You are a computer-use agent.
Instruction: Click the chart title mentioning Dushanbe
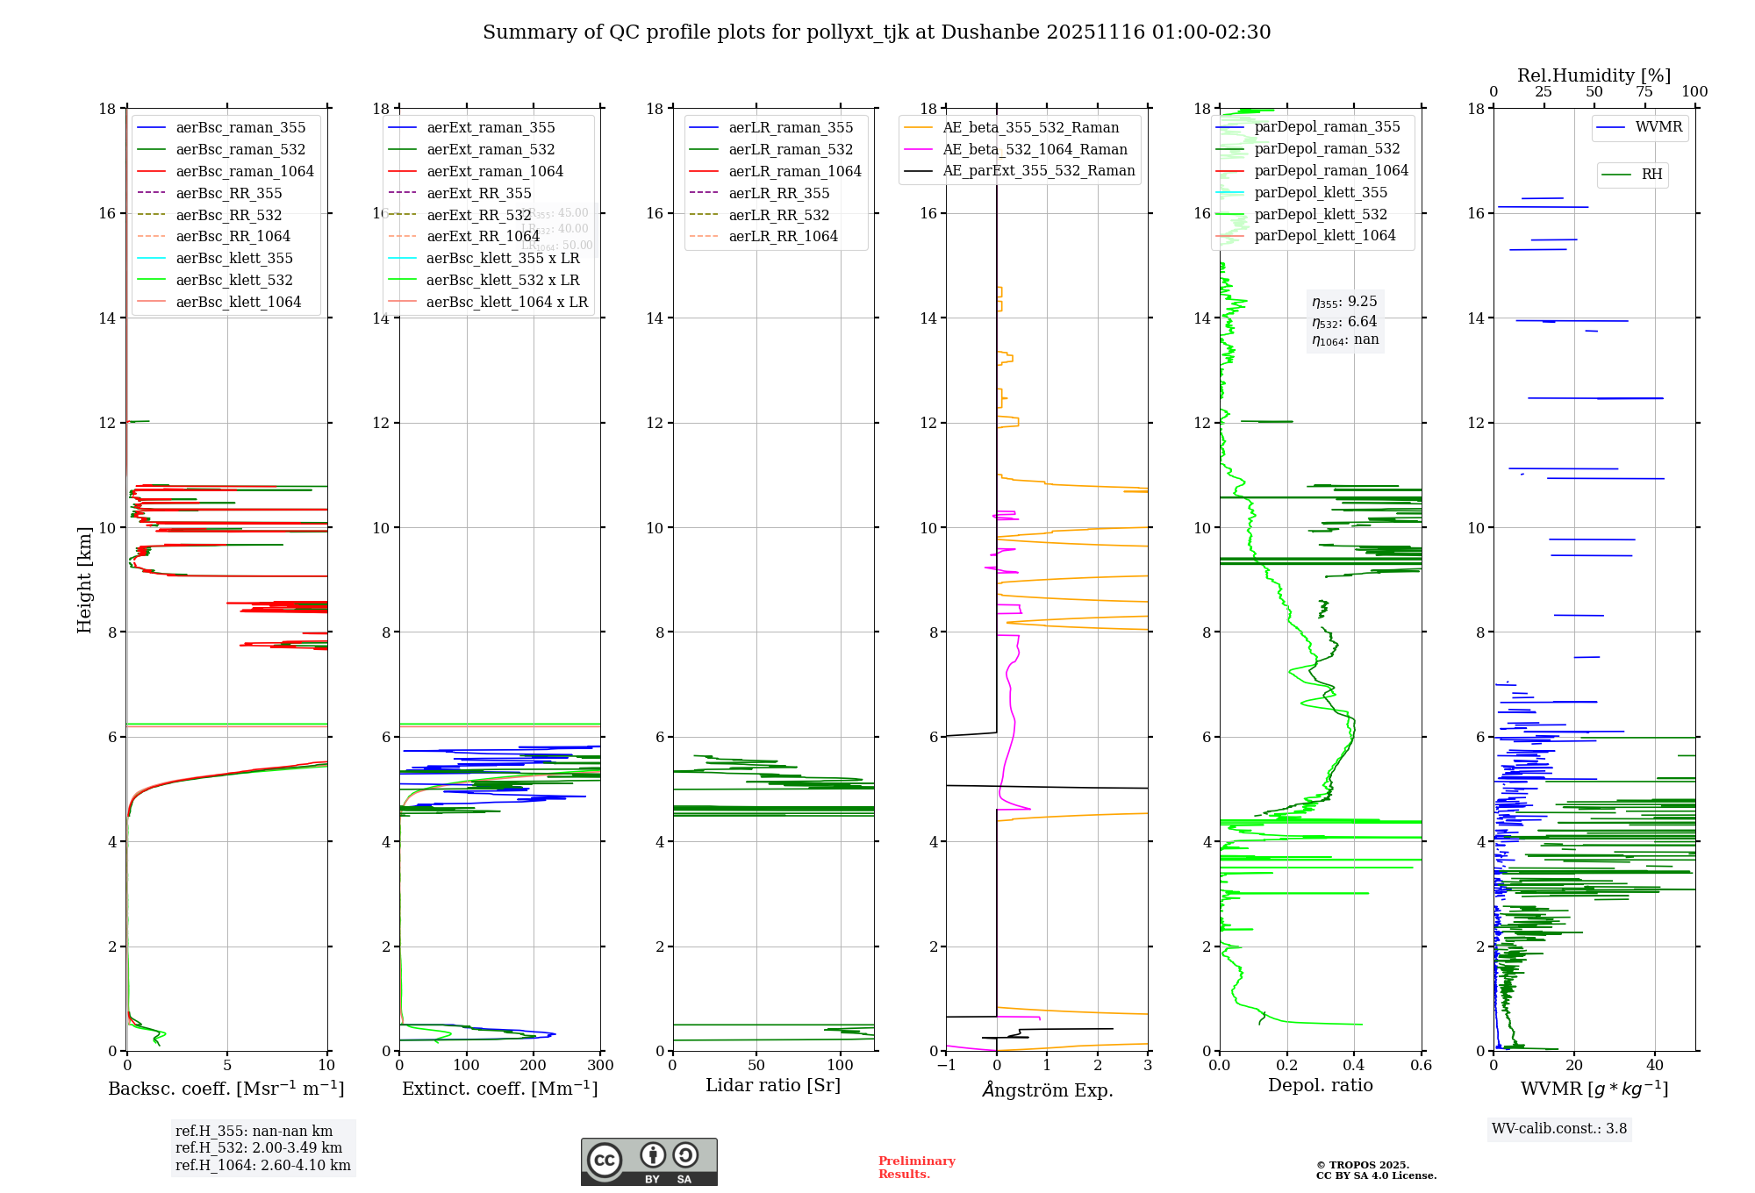tap(877, 32)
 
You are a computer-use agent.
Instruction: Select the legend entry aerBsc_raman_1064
tap(245, 171)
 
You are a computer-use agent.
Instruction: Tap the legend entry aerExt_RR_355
tap(479, 193)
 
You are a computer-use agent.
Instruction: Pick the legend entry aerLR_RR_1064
tap(783, 236)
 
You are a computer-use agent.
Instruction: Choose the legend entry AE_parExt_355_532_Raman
tap(1038, 170)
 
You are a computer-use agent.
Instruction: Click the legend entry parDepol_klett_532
tap(1321, 214)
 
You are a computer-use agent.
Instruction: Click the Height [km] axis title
tap(84, 579)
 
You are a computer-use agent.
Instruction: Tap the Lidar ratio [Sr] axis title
tap(773, 1085)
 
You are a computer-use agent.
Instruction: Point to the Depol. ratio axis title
tap(1320, 1085)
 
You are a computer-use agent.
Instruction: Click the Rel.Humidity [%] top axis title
tap(1594, 75)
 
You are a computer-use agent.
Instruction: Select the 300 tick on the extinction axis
tap(601, 1065)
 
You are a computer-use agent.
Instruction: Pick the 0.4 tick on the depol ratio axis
tap(1354, 1065)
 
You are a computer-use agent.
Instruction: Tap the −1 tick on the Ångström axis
tap(946, 1065)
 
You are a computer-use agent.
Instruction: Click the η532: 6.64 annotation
tap(1344, 322)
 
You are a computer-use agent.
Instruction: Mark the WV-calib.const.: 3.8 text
tap(1559, 1128)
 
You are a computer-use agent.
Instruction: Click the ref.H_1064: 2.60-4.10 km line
tap(263, 1165)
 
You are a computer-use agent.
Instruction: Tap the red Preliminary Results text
tap(916, 1168)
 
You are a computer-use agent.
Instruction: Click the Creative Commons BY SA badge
tap(648, 1161)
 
